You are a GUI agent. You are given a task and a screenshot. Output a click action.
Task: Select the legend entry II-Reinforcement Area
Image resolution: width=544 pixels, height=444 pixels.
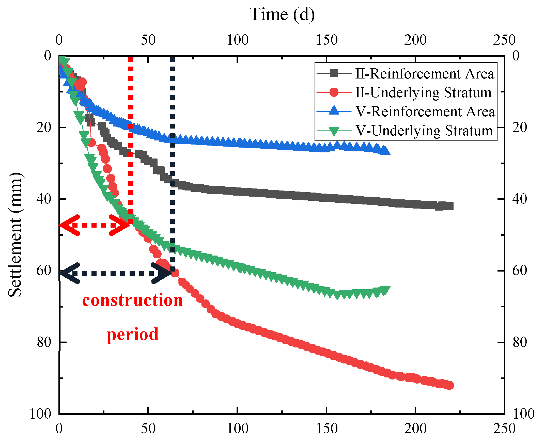tap(425, 74)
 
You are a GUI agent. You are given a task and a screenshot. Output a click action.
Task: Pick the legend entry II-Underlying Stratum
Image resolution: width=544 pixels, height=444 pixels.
tap(423, 93)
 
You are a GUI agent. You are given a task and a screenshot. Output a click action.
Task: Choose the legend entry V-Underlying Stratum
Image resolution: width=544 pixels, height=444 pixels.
tap(424, 131)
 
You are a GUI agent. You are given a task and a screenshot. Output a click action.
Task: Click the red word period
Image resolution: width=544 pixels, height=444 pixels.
tap(132, 334)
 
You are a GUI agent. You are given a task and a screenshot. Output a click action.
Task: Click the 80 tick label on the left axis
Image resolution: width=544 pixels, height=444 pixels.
tap(44, 342)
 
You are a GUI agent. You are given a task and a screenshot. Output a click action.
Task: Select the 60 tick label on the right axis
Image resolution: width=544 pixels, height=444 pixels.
tap(519, 270)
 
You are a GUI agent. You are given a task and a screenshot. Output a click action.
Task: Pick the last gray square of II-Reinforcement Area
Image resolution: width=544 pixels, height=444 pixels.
tap(449, 206)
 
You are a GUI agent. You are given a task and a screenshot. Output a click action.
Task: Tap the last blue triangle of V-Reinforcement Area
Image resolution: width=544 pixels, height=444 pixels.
tap(385, 151)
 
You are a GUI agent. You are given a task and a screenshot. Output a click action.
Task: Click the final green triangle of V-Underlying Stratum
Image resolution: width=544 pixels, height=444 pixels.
tap(385, 290)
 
